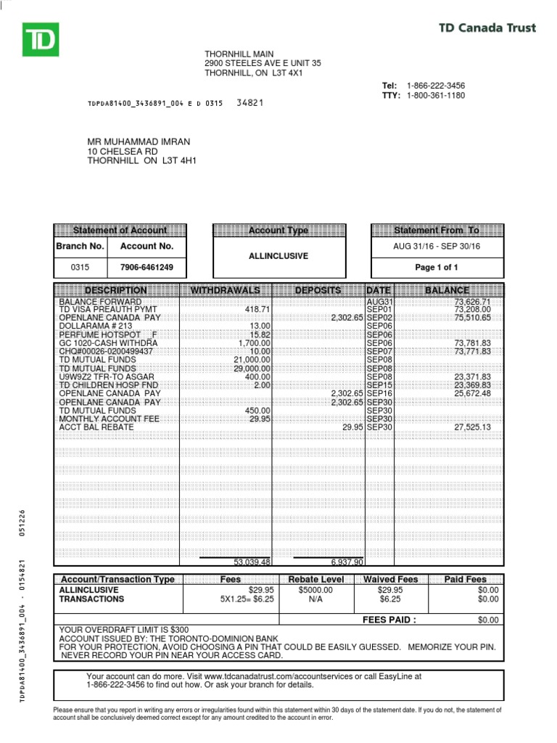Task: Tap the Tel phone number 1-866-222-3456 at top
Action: pos(436,86)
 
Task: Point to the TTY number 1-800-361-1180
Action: pos(436,96)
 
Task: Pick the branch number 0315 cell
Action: pos(80,267)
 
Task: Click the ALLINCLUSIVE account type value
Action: pos(278,256)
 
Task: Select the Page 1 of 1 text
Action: pos(436,267)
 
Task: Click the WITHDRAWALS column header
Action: pos(225,290)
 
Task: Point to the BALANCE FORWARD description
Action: pos(100,301)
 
